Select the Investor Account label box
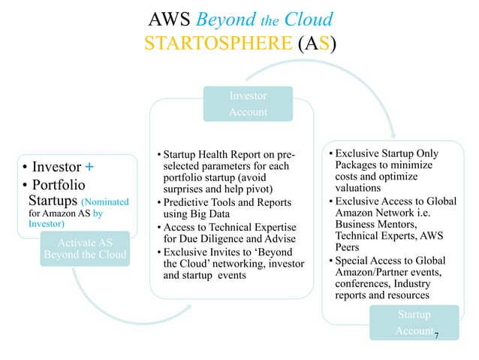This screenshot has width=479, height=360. (247, 104)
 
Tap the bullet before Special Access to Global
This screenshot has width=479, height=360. (328, 261)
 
